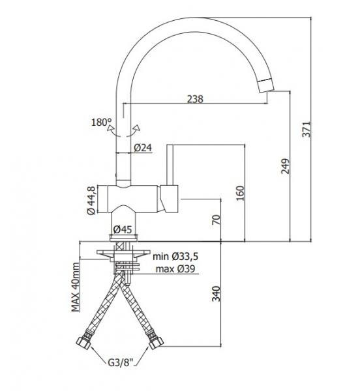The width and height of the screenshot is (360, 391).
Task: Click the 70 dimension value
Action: [216, 220]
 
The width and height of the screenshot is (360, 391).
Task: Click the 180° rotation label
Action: [102, 122]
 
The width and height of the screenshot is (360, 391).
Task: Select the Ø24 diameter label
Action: [142, 148]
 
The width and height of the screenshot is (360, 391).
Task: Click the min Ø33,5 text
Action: [175, 257]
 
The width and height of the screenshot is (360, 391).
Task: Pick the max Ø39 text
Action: [173, 269]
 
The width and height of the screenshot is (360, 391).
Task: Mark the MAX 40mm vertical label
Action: [76, 286]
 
